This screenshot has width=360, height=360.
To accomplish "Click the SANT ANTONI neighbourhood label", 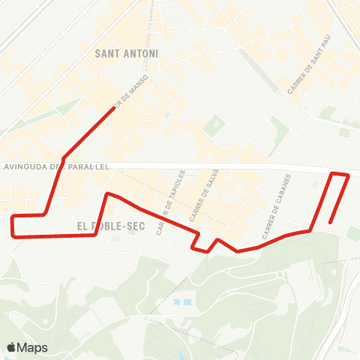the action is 127,54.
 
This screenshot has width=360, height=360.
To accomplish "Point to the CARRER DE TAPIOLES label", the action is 171,202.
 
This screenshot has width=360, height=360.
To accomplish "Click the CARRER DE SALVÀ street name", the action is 203,196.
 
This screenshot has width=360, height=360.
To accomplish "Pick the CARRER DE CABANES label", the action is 276,202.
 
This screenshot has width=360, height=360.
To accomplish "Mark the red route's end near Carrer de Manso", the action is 114,108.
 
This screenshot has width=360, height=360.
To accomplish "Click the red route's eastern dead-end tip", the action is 331,222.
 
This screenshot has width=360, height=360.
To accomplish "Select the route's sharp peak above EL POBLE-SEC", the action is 107,193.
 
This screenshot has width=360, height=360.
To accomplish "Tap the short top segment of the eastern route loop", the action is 340,174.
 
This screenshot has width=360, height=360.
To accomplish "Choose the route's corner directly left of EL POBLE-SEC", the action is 95,234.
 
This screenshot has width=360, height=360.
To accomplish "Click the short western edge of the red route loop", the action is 13,225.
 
